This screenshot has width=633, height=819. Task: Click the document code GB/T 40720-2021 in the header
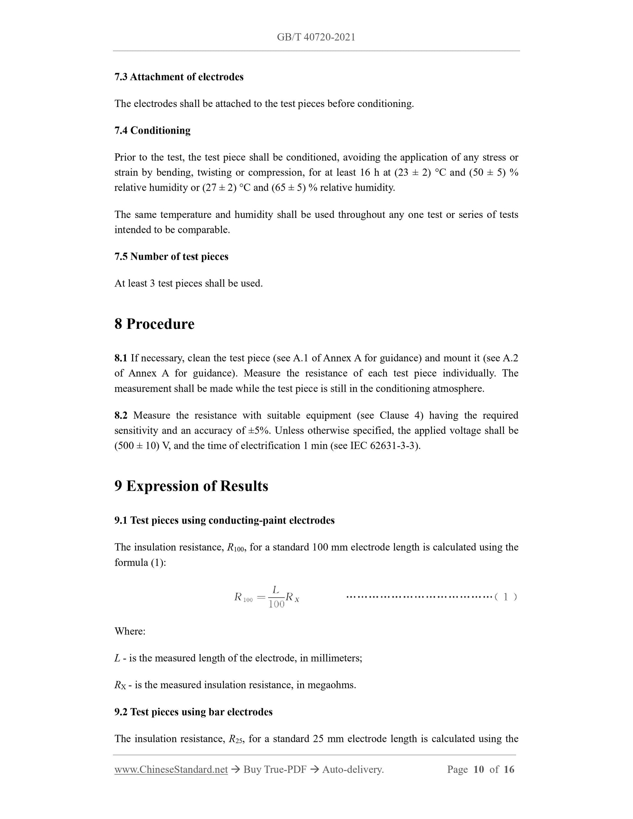tap(316, 37)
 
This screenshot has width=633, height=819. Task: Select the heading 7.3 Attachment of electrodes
tap(179, 77)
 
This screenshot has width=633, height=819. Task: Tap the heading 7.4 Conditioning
tap(152, 130)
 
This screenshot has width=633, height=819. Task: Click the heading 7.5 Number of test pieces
tap(171, 257)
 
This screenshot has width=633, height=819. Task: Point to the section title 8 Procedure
tap(154, 324)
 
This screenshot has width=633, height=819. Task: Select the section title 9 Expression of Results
tap(191, 486)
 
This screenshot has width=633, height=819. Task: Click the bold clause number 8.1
tap(121, 358)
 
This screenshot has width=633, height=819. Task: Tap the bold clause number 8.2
tap(121, 415)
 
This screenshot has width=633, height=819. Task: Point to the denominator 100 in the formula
tap(276, 604)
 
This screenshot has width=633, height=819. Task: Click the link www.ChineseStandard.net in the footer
tap(171, 770)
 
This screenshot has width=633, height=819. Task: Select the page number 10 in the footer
tap(478, 770)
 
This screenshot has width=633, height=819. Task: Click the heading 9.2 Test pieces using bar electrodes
tap(194, 712)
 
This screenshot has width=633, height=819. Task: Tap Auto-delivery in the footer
tap(353, 770)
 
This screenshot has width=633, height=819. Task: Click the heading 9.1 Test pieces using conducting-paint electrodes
tap(224, 520)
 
